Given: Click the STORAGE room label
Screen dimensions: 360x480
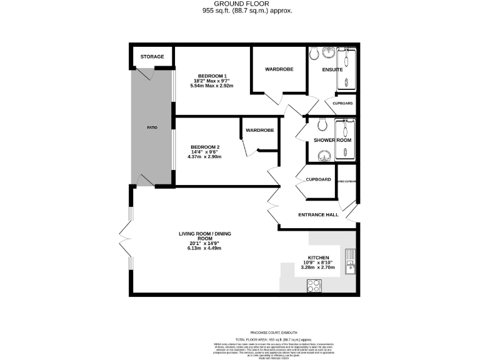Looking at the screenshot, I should point(152,57).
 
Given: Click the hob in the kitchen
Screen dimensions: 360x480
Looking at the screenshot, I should point(314,285).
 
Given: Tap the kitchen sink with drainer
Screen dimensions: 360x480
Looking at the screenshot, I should point(350,263).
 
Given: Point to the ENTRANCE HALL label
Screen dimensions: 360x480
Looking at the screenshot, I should point(318,214).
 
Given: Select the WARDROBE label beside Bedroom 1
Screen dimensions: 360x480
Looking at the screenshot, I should point(279,69).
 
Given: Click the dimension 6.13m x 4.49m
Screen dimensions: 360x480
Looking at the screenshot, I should point(205,248).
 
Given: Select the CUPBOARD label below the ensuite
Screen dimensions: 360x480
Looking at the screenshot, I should point(342,103).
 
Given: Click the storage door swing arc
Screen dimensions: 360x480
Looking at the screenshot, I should point(145,74).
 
